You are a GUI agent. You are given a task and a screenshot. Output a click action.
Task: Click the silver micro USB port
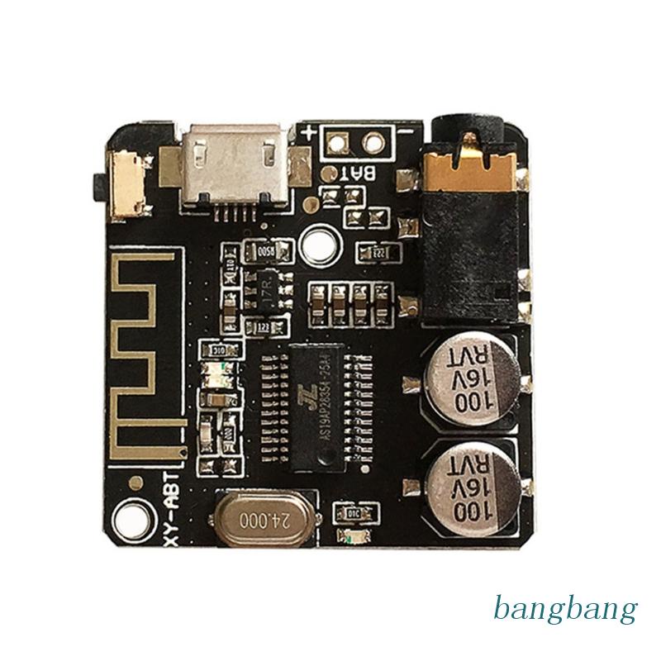[x=238, y=160]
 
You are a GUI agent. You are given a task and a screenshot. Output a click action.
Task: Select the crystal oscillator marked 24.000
[x=261, y=521]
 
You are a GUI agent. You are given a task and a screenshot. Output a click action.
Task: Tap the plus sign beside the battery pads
[x=310, y=133]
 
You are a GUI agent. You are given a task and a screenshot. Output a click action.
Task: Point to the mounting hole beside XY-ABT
[x=131, y=520]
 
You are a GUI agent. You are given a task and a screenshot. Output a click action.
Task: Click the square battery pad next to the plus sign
[x=337, y=142]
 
